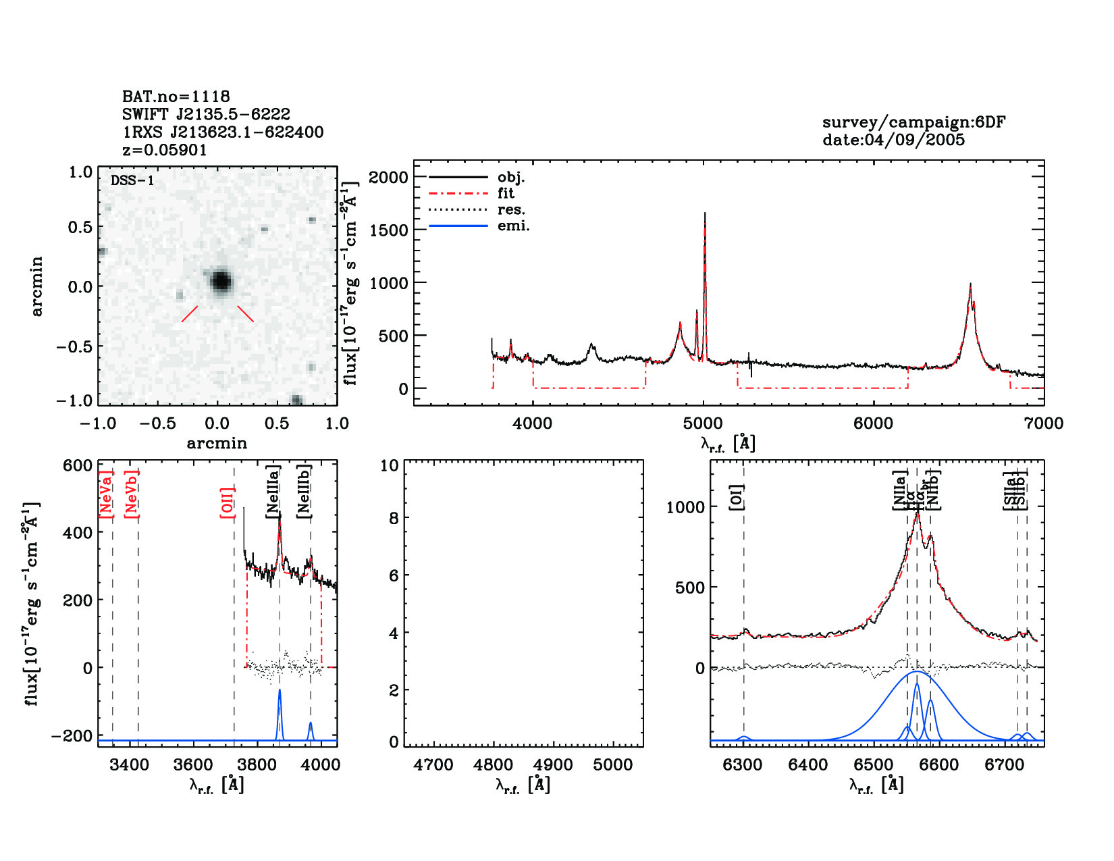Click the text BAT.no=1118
(x=176, y=97)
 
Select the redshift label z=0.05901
(x=164, y=149)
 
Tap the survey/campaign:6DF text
(x=913, y=122)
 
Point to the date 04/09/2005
(x=893, y=140)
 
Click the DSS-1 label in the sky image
(x=132, y=180)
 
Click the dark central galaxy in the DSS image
(x=221, y=281)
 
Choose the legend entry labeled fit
(x=506, y=193)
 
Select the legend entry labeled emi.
(x=513, y=226)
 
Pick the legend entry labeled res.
(x=511, y=209)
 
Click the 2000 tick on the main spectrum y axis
(x=389, y=177)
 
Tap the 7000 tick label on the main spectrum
(x=1043, y=423)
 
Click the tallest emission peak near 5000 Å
(x=704, y=215)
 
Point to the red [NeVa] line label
(x=106, y=494)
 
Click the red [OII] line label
(x=227, y=502)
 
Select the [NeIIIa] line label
(x=273, y=491)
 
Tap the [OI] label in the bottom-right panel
(x=737, y=497)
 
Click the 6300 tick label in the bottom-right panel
(x=743, y=765)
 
